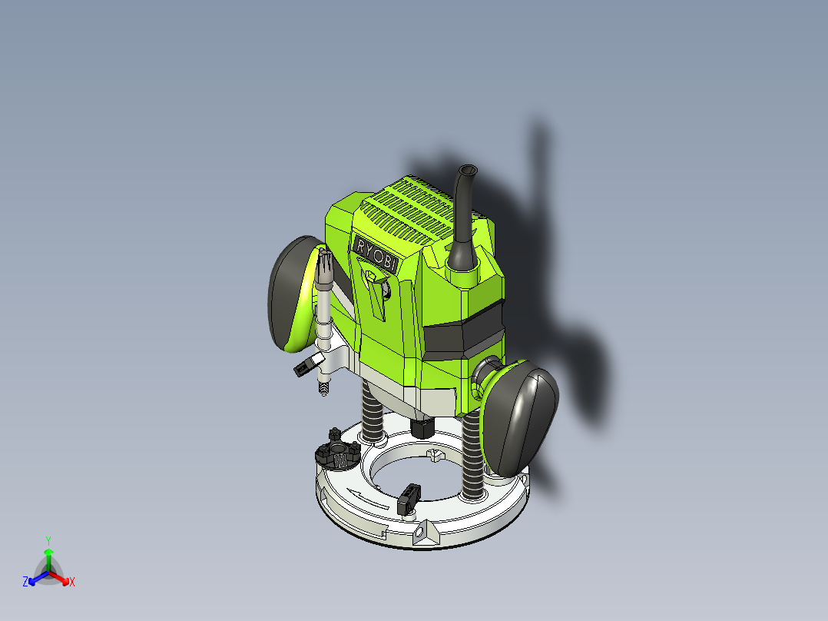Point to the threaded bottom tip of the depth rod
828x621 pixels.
(325, 389)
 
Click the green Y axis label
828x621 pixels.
(48, 540)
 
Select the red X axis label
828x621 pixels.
(71, 582)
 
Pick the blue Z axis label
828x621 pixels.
(25, 582)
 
